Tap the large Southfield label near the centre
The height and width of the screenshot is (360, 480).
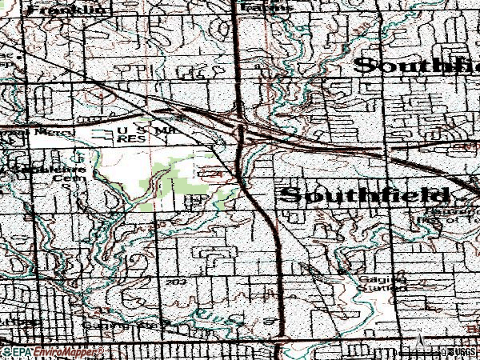coord(364,195)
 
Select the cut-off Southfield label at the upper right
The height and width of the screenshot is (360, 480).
coord(416,66)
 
